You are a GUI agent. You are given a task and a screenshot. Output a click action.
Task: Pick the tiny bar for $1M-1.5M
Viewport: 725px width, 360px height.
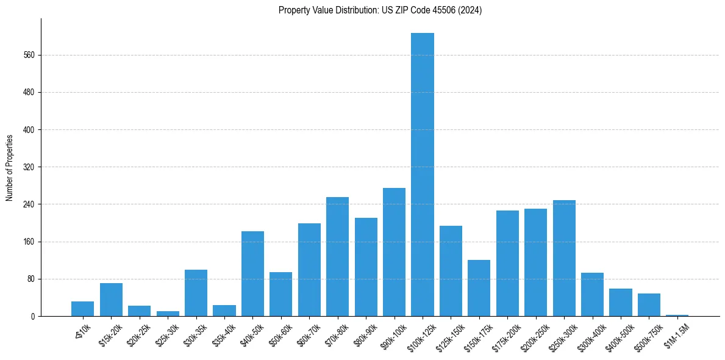coord(677,315)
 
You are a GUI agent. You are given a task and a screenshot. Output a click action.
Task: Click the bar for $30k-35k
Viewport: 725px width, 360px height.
coord(196,293)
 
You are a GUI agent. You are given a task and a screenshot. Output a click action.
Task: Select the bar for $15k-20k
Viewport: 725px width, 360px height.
coord(111,300)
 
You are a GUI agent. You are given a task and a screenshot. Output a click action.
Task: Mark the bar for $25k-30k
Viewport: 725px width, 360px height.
coord(168,314)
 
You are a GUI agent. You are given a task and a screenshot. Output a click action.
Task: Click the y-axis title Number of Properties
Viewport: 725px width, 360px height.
coord(10,167)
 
